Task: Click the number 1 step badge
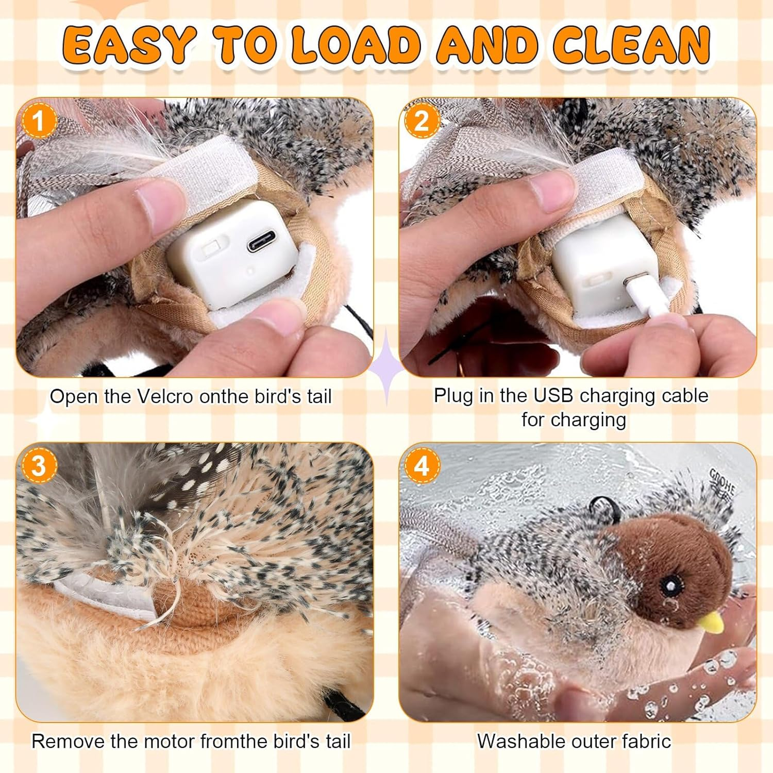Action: coord(38,122)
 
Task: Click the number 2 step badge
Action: coord(422,121)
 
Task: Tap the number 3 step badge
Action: coord(38,465)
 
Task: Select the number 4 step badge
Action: coord(422,465)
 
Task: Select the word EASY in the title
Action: coord(129,44)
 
